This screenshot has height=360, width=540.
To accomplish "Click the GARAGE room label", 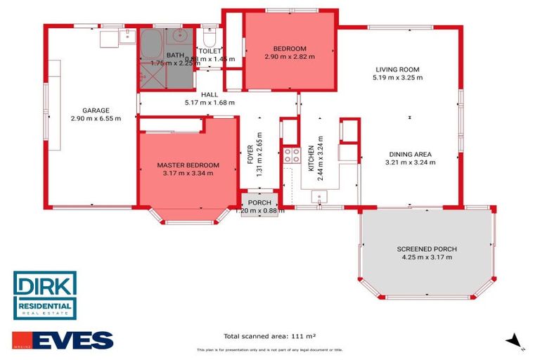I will (96, 110).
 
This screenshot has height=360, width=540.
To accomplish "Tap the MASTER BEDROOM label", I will (188, 165).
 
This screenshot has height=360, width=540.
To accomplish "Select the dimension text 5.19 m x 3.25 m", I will (397, 78).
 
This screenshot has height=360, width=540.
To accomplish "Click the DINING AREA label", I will (411, 154).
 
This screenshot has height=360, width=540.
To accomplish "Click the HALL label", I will (209, 94).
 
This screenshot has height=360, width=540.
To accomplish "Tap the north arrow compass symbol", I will (516, 341).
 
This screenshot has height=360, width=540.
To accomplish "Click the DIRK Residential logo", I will (45, 295).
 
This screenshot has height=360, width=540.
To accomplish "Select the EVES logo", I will (63, 340).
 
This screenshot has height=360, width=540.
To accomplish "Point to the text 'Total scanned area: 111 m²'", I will (269, 336).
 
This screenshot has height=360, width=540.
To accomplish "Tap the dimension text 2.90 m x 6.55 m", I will (96, 119).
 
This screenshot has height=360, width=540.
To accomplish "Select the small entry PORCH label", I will (259, 202).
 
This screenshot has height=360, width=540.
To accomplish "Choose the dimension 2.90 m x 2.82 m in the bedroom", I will (289, 57).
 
